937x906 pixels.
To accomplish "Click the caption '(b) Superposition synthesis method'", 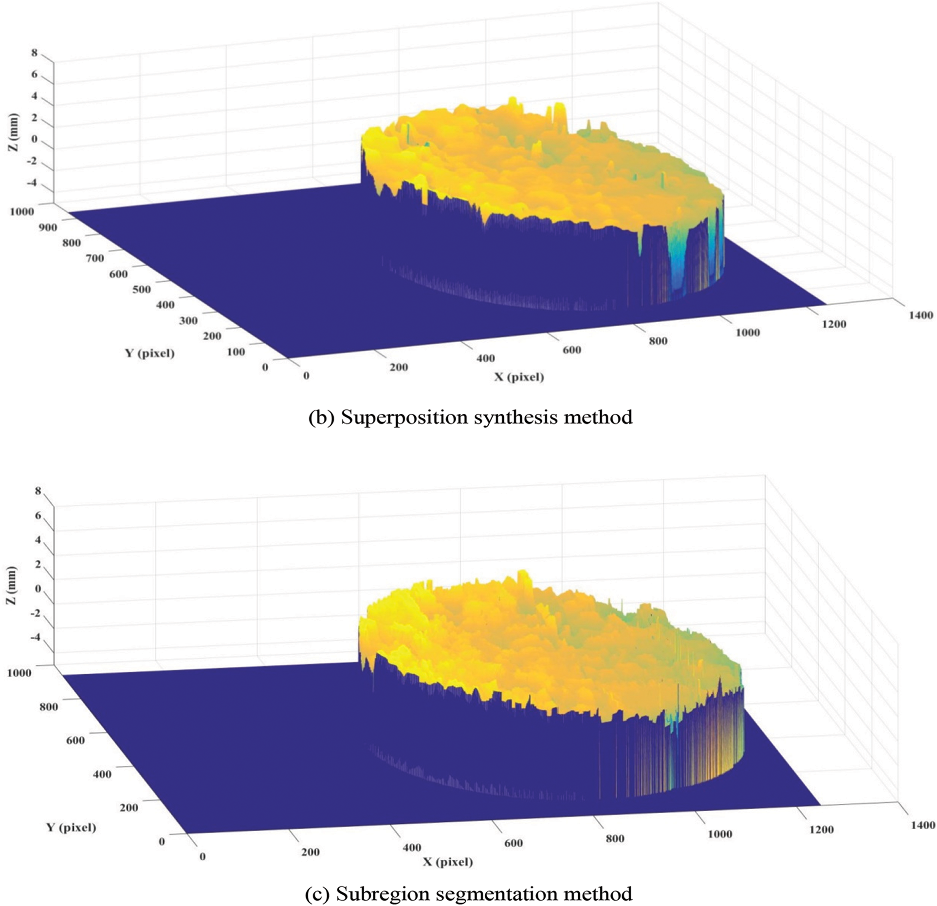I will pyautogui.click(x=470, y=418).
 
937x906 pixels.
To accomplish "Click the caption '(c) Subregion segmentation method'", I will pyautogui.click(x=468, y=894).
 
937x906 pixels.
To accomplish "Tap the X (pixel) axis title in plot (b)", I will pyautogui.click(x=519, y=376).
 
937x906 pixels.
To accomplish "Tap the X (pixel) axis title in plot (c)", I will pyautogui.click(x=448, y=862).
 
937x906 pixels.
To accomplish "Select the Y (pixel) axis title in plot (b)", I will pyautogui.click(x=149, y=353).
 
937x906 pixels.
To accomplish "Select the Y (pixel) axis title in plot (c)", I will pyautogui.click(x=71, y=827).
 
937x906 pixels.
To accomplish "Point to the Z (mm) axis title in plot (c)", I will pyautogui.click(x=11, y=586).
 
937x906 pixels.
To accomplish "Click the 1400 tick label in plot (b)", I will pyautogui.click(x=920, y=315).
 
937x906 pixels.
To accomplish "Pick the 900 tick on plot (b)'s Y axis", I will pyautogui.click(x=48, y=227).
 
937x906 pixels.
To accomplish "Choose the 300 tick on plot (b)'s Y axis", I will pyautogui.click(x=188, y=320).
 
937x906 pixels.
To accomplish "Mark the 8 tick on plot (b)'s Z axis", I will pyautogui.click(x=34, y=53).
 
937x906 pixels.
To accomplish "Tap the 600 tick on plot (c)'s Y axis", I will pyautogui.click(x=74, y=740).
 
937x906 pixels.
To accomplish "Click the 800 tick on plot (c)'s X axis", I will pyautogui.click(x=614, y=838).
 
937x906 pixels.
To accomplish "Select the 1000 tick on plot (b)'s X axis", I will pyautogui.click(x=747, y=333).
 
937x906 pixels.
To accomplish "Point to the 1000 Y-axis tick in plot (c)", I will pyautogui.click(x=19, y=673).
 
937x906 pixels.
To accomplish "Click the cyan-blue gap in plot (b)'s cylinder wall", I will pyautogui.click(x=679, y=263).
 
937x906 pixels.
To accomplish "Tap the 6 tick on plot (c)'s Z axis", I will pyautogui.click(x=37, y=516).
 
